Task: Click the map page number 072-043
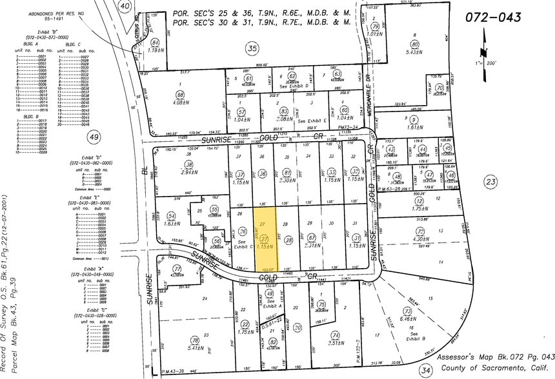point(492,17)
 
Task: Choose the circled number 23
point(492,182)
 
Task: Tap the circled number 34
point(425,370)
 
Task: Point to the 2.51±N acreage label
point(335,343)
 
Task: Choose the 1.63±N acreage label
point(172,223)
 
